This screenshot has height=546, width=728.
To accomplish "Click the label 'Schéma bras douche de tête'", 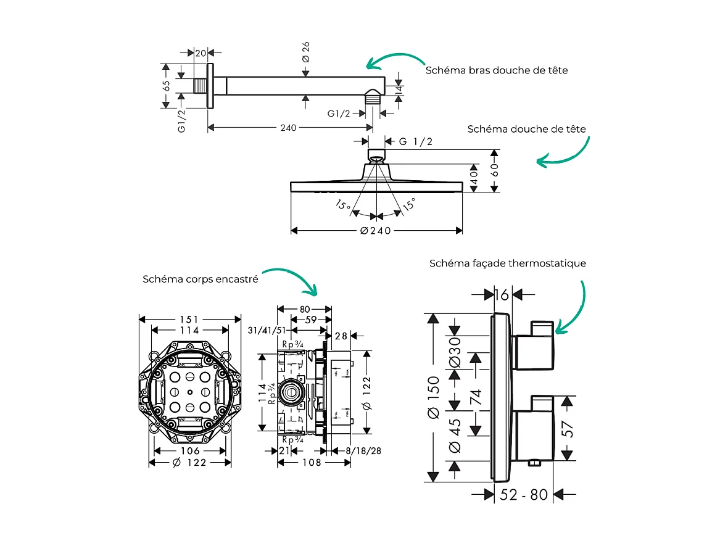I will click(x=496, y=70).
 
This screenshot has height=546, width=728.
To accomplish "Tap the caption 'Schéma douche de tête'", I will click(x=526, y=129).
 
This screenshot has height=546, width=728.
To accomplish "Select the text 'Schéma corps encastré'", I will click(x=200, y=279).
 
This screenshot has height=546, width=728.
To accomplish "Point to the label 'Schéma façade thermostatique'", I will click(x=507, y=263).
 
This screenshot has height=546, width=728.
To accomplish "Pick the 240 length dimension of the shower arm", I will click(x=288, y=128).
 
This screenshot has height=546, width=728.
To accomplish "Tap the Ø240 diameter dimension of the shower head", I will click(x=376, y=231).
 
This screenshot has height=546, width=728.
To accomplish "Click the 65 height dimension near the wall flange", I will click(x=167, y=86).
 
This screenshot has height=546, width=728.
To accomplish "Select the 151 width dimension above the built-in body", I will click(x=189, y=320).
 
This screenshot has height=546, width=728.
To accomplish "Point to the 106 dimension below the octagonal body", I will click(x=190, y=451).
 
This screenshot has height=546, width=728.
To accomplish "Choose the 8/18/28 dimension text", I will click(x=363, y=451).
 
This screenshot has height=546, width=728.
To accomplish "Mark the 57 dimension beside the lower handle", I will click(x=569, y=428).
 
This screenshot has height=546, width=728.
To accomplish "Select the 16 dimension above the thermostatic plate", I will click(x=502, y=295).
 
